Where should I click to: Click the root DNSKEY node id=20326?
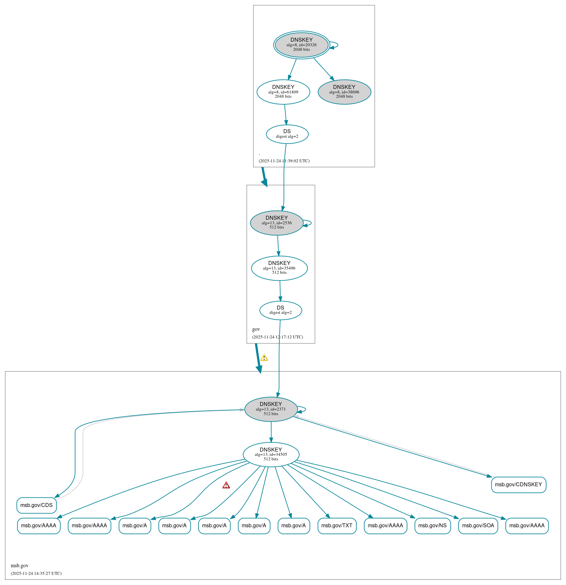click(x=301, y=45)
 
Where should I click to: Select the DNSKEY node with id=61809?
click(x=283, y=92)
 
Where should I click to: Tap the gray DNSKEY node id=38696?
click(x=344, y=92)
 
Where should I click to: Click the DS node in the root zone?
click(x=287, y=134)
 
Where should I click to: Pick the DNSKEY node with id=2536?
click(x=276, y=223)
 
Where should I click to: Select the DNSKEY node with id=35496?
click(x=279, y=268)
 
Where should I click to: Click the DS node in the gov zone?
click(x=280, y=310)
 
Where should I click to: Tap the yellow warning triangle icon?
click(x=264, y=358)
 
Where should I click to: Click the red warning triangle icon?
click(x=226, y=485)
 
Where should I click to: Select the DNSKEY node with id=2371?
click(x=271, y=409)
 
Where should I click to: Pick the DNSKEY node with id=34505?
click(x=271, y=454)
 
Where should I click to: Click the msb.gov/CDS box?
click(x=36, y=505)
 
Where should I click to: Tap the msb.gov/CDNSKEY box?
click(x=518, y=485)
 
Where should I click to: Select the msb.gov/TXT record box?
click(x=337, y=526)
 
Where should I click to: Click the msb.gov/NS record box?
click(x=432, y=526)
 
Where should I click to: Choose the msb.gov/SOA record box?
click(x=478, y=526)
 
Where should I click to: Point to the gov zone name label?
click(x=256, y=329)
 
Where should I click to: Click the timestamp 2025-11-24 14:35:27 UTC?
click(x=36, y=573)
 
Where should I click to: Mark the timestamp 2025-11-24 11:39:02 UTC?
click(x=284, y=161)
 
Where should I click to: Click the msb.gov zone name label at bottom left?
click(x=20, y=565)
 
